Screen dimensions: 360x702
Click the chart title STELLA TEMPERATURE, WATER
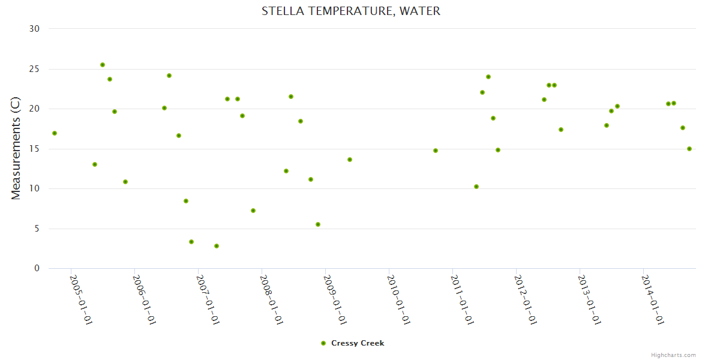click(351, 11)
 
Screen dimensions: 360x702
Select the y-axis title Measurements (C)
click(16, 148)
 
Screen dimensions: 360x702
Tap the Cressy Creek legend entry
click(357, 343)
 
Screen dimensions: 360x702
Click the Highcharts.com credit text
click(673, 355)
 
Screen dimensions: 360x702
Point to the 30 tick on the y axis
click(34, 29)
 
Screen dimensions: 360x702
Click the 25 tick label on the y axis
click(34, 69)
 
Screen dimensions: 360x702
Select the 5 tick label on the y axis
click(37, 229)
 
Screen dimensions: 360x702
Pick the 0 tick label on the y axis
click(37, 269)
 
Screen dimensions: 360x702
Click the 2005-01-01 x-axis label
click(81, 299)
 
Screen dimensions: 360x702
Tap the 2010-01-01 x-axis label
click(399, 299)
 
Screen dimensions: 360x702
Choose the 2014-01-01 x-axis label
click(653, 299)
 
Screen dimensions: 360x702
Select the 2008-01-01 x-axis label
click(272, 299)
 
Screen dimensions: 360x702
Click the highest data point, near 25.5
click(103, 65)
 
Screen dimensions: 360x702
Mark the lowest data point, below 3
click(217, 246)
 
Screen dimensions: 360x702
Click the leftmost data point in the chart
click(55, 133)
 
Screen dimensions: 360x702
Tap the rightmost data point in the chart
click(689, 149)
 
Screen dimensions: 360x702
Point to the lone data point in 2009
click(350, 160)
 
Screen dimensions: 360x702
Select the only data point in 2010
click(436, 151)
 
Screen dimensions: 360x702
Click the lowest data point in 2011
click(476, 187)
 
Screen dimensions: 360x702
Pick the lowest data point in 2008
click(318, 224)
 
